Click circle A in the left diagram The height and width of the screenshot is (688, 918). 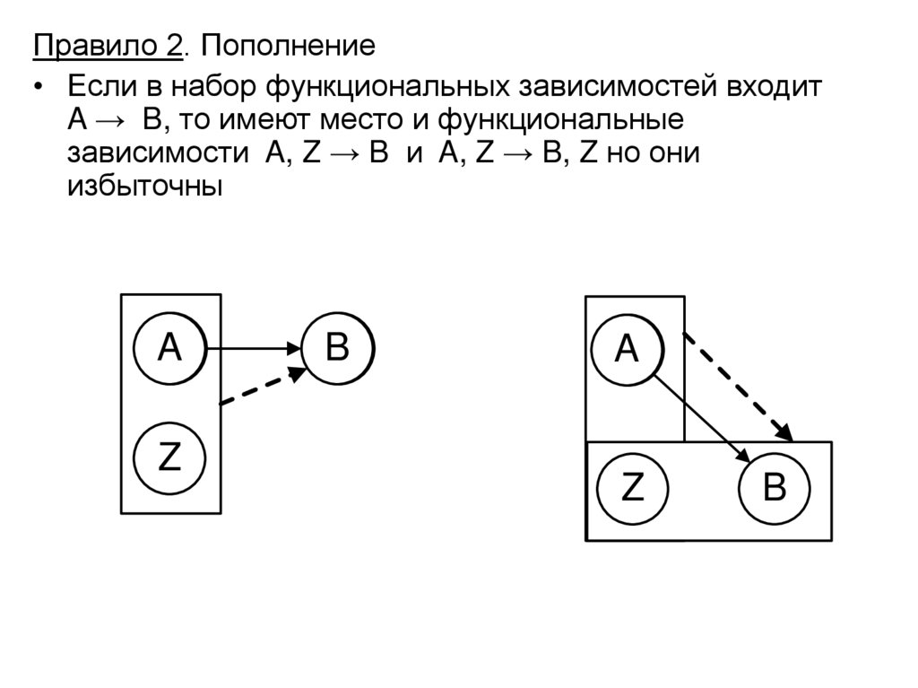pyautogui.click(x=169, y=348)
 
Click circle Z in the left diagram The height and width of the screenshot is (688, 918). pyautogui.click(x=169, y=457)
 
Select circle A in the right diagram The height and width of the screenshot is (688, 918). pyautogui.click(x=627, y=348)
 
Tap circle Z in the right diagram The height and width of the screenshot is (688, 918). pyautogui.click(x=633, y=489)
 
